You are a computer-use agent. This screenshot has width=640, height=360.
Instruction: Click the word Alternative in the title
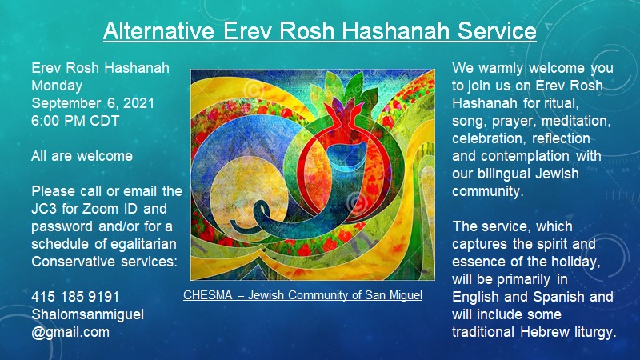click(x=158, y=30)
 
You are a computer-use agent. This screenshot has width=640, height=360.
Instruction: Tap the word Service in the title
click(x=497, y=30)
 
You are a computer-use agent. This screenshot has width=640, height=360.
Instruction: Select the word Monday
click(x=57, y=86)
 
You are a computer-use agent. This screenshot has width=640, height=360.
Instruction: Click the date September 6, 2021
click(x=93, y=103)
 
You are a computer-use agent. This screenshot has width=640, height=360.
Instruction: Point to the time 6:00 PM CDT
click(x=75, y=121)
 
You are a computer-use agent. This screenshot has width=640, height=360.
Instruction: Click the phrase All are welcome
click(x=82, y=156)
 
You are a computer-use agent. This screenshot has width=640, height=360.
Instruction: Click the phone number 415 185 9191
click(x=75, y=296)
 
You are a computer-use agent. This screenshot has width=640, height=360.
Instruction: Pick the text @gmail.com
click(x=70, y=332)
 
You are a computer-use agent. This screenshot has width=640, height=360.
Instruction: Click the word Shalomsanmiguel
click(x=87, y=314)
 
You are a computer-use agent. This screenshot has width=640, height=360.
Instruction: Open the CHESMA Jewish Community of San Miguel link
click(x=302, y=294)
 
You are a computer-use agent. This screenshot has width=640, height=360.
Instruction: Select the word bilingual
click(x=504, y=174)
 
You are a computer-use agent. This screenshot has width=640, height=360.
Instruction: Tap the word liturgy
click(x=591, y=332)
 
